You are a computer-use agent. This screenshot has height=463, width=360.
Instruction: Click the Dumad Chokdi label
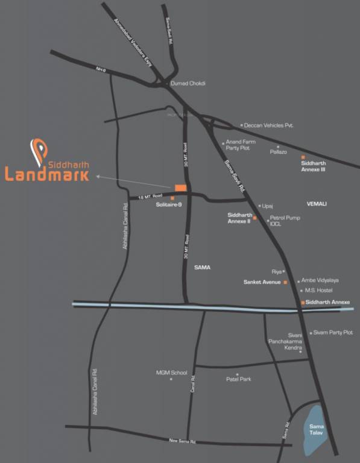pyautogui.click(x=188, y=84)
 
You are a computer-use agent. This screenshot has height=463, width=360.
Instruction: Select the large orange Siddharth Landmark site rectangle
pyautogui.click(x=180, y=187)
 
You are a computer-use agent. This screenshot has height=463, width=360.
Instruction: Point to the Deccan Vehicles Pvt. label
pyautogui.click(x=268, y=125)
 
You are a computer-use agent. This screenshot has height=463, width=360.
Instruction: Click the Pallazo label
pyautogui.click(x=278, y=153)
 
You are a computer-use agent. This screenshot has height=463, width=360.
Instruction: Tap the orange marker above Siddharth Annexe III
pyautogui.click(x=303, y=157)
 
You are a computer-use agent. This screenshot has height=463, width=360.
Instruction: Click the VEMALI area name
pyautogui.click(x=316, y=204)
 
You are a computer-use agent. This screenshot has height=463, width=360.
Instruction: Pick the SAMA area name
pyautogui.click(x=202, y=266)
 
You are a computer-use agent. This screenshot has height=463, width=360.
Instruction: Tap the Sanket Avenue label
pyautogui.click(x=263, y=282)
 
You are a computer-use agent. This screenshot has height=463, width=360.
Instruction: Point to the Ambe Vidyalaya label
pyautogui.click(x=320, y=280)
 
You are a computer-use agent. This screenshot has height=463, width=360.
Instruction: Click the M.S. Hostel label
pyautogui.click(x=319, y=291)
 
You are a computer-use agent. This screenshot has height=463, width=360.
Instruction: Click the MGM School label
pyautogui.click(x=172, y=373)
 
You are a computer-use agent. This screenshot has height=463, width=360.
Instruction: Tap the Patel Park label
pyautogui.click(x=238, y=379)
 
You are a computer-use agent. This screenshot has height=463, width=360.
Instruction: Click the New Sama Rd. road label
pyautogui.click(x=183, y=441)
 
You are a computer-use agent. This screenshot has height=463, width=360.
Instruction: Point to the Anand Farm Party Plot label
pyautogui.click(x=241, y=145)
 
